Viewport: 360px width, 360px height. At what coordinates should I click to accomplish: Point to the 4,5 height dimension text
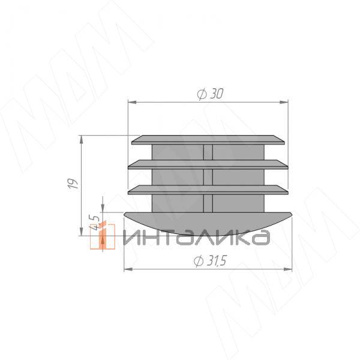click(94, 223)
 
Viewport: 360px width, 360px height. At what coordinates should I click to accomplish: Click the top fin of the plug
click(208, 140)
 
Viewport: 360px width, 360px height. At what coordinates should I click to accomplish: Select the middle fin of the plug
click(208, 164)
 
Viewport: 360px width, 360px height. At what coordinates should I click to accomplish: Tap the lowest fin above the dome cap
click(208, 190)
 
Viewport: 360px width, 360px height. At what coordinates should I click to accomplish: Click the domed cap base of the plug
click(208, 223)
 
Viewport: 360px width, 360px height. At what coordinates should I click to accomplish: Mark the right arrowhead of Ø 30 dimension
click(283, 103)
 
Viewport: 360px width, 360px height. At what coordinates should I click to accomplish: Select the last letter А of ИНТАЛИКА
click(260, 238)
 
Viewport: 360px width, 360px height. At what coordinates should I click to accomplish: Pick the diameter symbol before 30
click(201, 94)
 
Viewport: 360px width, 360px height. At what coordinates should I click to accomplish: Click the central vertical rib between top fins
click(208, 152)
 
